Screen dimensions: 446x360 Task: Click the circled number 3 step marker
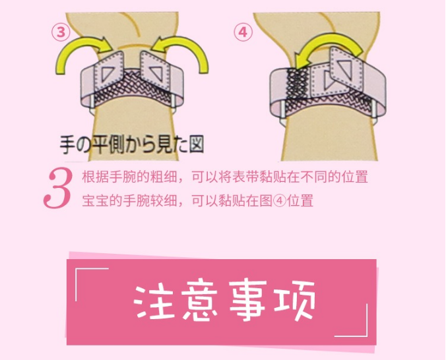tap(61, 32)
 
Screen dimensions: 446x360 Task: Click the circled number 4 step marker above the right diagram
tap(243, 32)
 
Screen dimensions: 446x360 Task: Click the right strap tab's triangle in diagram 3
tap(156, 73)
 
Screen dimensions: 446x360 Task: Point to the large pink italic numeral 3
tap(57, 188)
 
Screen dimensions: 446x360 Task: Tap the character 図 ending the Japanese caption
tap(197, 144)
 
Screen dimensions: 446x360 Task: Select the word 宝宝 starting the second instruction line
tap(95, 200)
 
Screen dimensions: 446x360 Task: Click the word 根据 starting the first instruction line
tap(95, 177)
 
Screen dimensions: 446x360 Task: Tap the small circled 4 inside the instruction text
tap(280, 200)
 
